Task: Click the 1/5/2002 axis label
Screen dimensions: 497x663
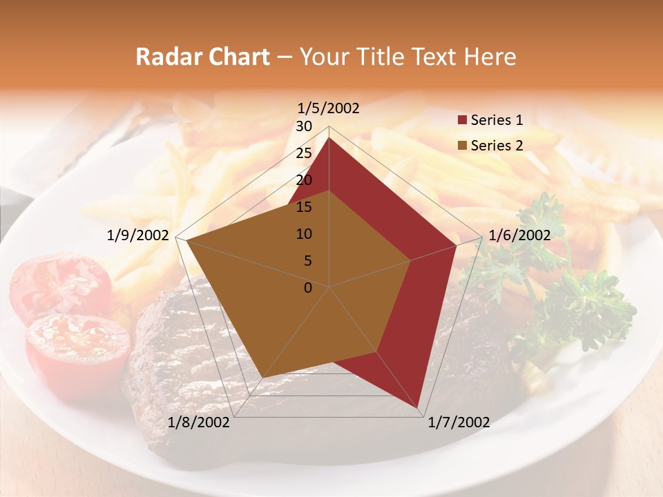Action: (329, 108)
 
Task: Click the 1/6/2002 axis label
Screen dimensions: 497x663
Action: (519, 235)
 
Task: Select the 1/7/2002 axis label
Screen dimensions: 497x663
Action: (459, 422)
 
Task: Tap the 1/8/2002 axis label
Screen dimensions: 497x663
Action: (199, 422)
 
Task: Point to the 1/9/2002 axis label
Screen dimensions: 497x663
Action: (138, 235)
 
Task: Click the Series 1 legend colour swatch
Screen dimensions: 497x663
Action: (462, 121)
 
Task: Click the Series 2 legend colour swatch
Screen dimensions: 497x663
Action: (462, 146)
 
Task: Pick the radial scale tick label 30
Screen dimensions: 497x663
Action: (304, 126)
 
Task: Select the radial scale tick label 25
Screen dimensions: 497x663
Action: (304, 153)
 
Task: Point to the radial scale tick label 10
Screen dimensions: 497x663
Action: (304, 234)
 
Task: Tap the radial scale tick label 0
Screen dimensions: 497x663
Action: (308, 288)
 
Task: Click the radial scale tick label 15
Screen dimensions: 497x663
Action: (304, 207)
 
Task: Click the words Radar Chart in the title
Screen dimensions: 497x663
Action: (202, 57)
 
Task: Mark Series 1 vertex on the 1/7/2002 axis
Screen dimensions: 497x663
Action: (418, 408)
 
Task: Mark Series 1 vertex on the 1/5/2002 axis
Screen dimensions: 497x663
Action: (329, 137)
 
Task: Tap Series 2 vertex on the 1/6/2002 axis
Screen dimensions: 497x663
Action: (411, 260)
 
